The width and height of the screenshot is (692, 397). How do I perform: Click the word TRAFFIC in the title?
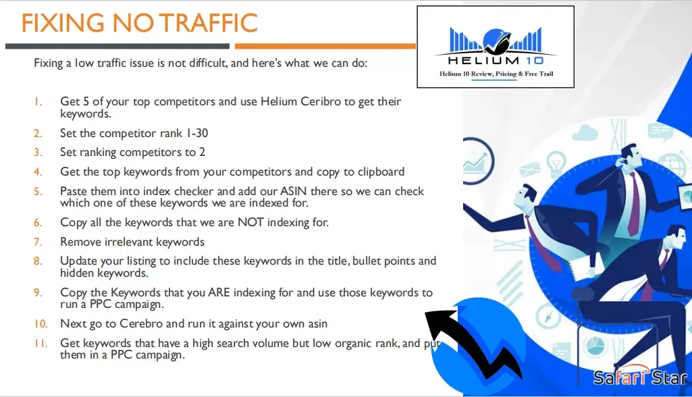click(x=209, y=23)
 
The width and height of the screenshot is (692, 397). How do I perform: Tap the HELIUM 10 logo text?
click(x=496, y=60)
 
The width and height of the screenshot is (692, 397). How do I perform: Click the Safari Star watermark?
click(x=640, y=377)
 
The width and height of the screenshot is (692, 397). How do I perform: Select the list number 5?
click(x=38, y=191)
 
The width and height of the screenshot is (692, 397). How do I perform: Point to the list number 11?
click(x=41, y=343)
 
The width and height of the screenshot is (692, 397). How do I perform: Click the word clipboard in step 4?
click(x=381, y=171)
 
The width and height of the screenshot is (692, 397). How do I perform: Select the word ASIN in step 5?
click(x=294, y=191)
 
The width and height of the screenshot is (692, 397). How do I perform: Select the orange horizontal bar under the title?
click(x=325, y=46)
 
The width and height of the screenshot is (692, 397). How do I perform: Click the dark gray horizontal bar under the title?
click(x=117, y=46)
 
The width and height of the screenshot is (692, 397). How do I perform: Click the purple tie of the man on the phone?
click(x=634, y=204)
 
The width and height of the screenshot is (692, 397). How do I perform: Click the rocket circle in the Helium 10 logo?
click(x=497, y=41)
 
